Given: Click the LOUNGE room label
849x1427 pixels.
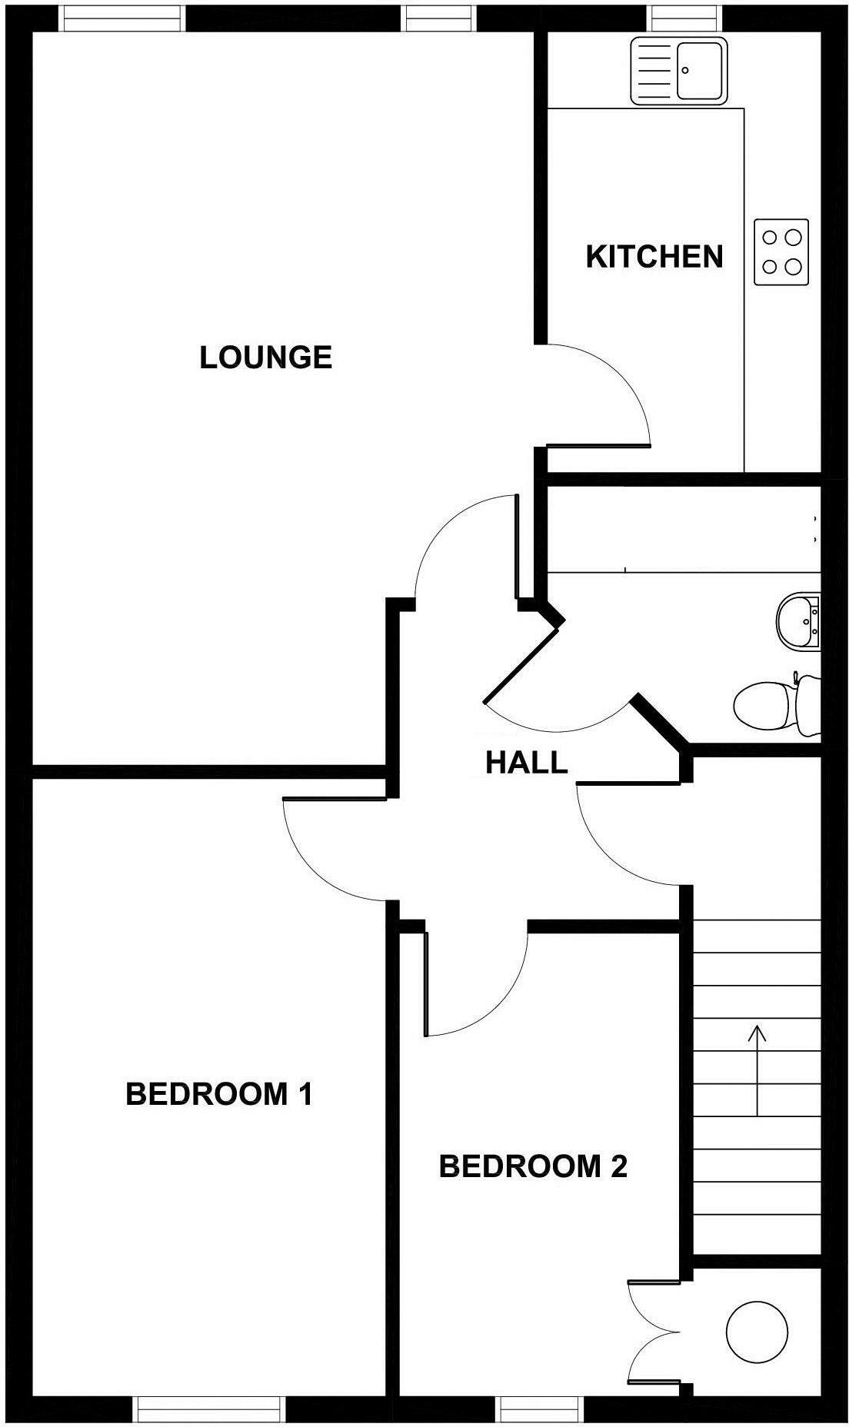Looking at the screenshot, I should point(265,358).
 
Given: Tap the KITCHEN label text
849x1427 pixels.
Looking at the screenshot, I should point(654,257).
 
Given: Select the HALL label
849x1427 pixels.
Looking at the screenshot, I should point(526,763).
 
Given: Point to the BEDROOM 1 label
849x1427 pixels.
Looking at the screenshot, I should point(219,1093).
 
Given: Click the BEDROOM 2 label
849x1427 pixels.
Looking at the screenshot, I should point(533,1166).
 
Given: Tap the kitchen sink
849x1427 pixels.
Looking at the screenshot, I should point(678,71).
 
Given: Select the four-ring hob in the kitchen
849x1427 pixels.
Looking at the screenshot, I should point(781,252).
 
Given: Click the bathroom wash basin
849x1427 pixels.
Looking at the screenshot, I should point(798,621).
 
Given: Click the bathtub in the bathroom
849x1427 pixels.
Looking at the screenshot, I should point(681,530).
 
